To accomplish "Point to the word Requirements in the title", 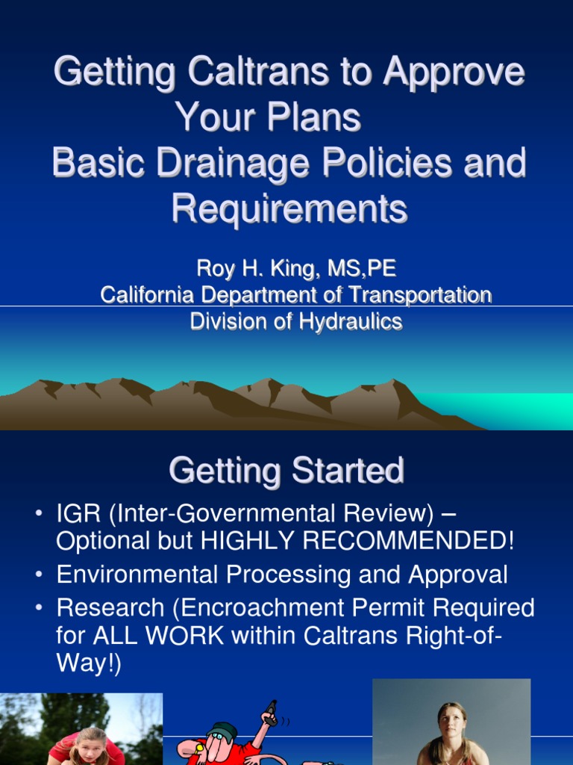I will click(x=289, y=208).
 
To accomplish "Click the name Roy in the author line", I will click(x=213, y=269).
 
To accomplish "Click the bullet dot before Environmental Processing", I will click(x=38, y=575).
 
